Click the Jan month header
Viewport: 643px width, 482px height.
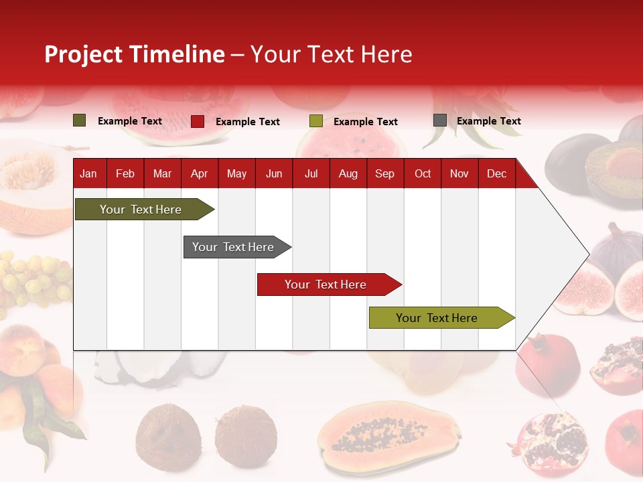pyautogui.click(x=88, y=174)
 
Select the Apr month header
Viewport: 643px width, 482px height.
pyautogui.click(x=200, y=174)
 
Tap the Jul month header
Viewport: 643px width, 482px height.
pyautogui.click(x=311, y=174)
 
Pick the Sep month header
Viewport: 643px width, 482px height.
pyautogui.click(x=384, y=174)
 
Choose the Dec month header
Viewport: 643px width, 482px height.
pyautogui.click(x=496, y=174)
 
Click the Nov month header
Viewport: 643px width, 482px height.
pyautogui.click(x=459, y=174)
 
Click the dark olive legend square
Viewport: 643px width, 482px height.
pyautogui.click(x=80, y=120)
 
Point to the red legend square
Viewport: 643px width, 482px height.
pyautogui.click(x=198, y=121)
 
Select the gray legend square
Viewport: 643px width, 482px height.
pyautogui.click(x=440, y=120)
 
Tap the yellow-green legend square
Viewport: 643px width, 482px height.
pyautogui.click(x=316, y=121)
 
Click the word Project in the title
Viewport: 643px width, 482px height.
pyautogui.click(x=83, y=54)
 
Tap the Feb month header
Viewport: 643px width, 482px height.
pyautogui.click(x=125, y=174)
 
